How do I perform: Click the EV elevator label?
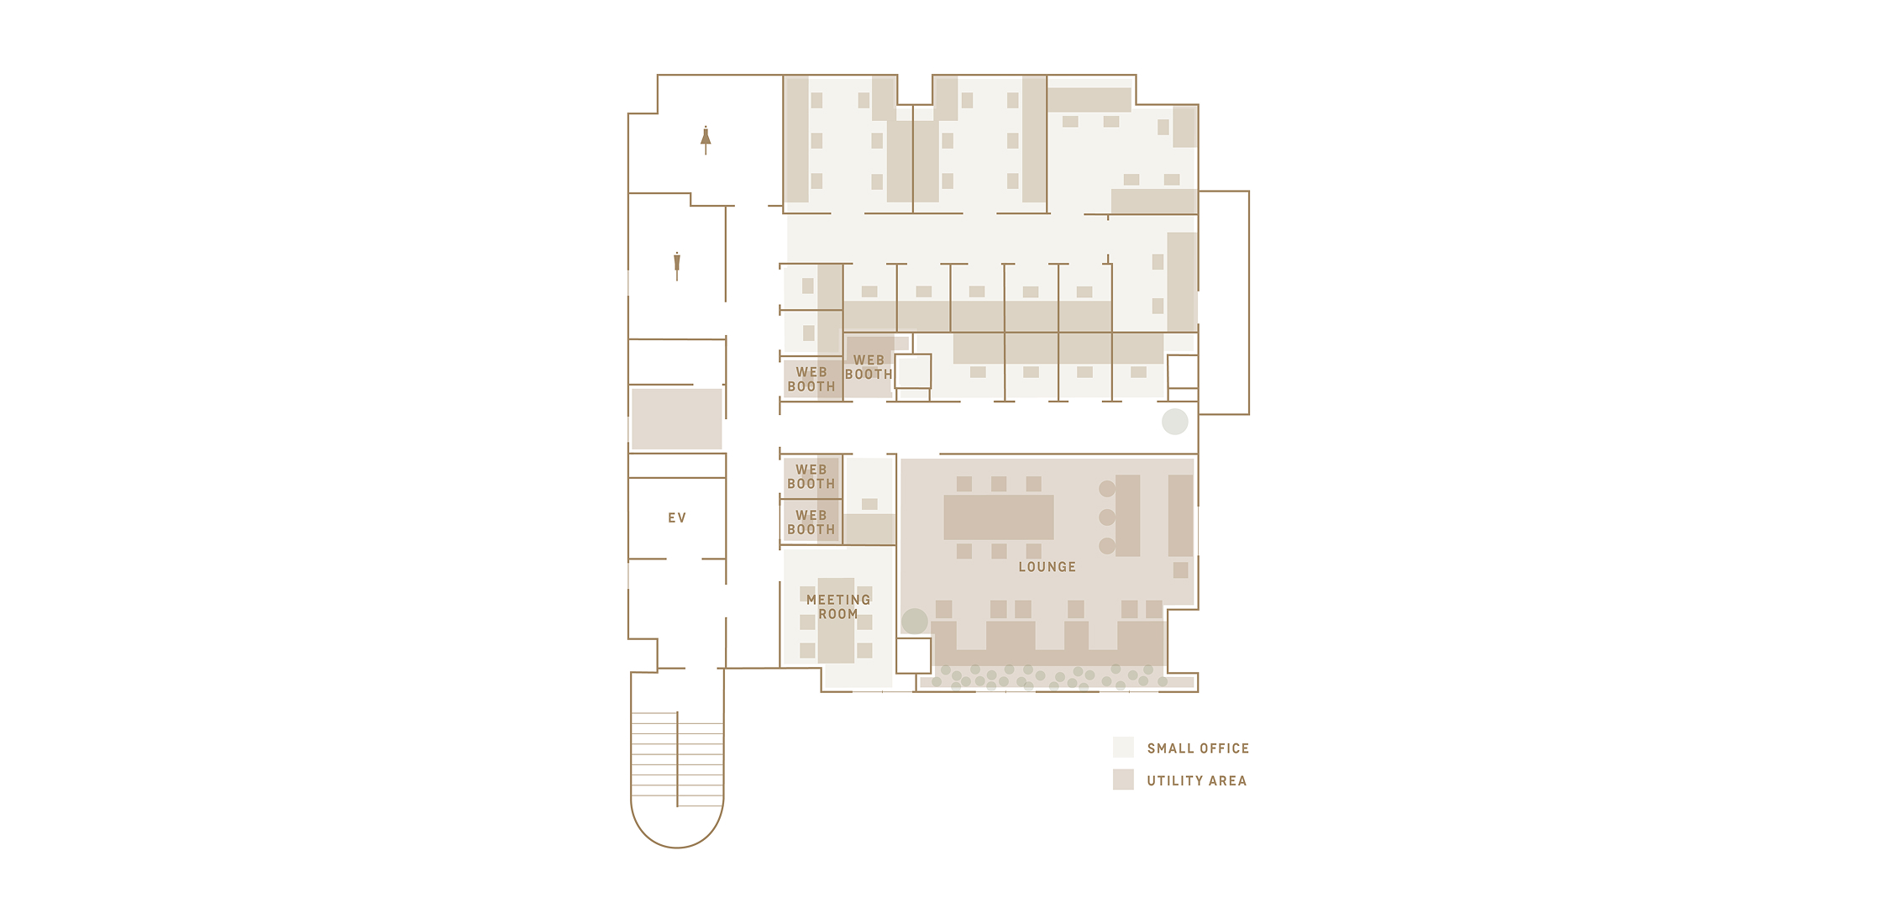point(677,518)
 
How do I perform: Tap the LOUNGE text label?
point(1047,567)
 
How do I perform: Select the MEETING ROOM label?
point(837,606)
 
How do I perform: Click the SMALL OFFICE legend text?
point(1198,748)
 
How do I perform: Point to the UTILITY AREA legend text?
point(1196,781)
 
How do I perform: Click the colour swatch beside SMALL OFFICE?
point(1123,748)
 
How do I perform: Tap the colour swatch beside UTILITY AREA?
point(1123,780)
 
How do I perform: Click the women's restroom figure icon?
point(706,140)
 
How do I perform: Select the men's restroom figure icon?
point(677,265)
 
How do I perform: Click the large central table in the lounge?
point(999,517)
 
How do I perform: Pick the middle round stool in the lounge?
point(1107,517)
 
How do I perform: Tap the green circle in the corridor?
point(1175,422)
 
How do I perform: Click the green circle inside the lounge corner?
point(915,622)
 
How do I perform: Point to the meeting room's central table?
point(837,621)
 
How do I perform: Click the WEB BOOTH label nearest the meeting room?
point(811,522)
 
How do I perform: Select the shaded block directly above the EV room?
point(677,418)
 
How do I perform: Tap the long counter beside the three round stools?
point(1128,516)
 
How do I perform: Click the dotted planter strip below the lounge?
point(1057,679)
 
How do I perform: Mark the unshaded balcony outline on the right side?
point(1249,302)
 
